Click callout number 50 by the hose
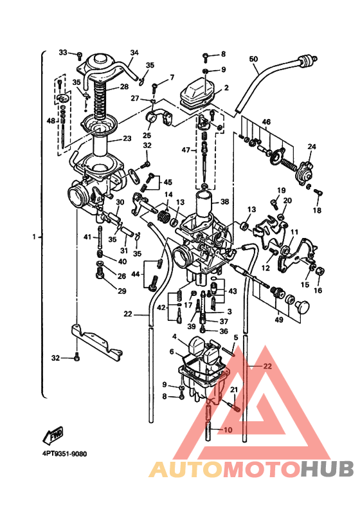(253, 60)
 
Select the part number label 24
(311, 147)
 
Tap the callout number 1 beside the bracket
(33, 236)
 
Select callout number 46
(266, 121)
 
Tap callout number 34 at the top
(134, 52)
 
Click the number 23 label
(127, 138)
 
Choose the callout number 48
(51, 120)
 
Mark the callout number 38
(224, 201)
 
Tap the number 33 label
(63, 52)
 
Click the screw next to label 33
(79, 53)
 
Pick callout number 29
(122, 291)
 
